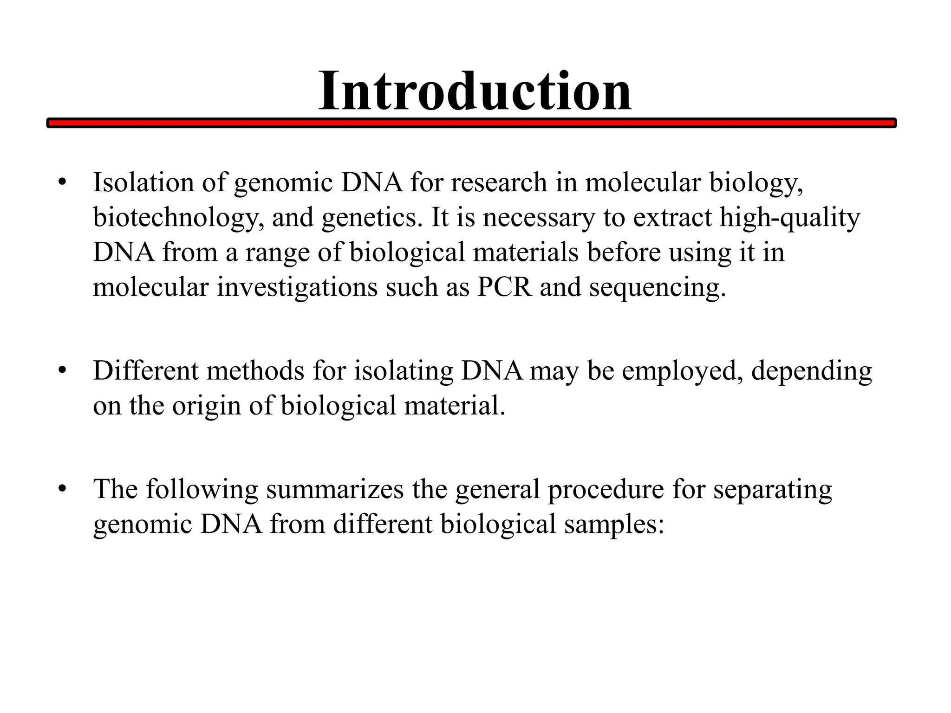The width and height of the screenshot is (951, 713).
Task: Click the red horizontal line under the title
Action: click(471, 123)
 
